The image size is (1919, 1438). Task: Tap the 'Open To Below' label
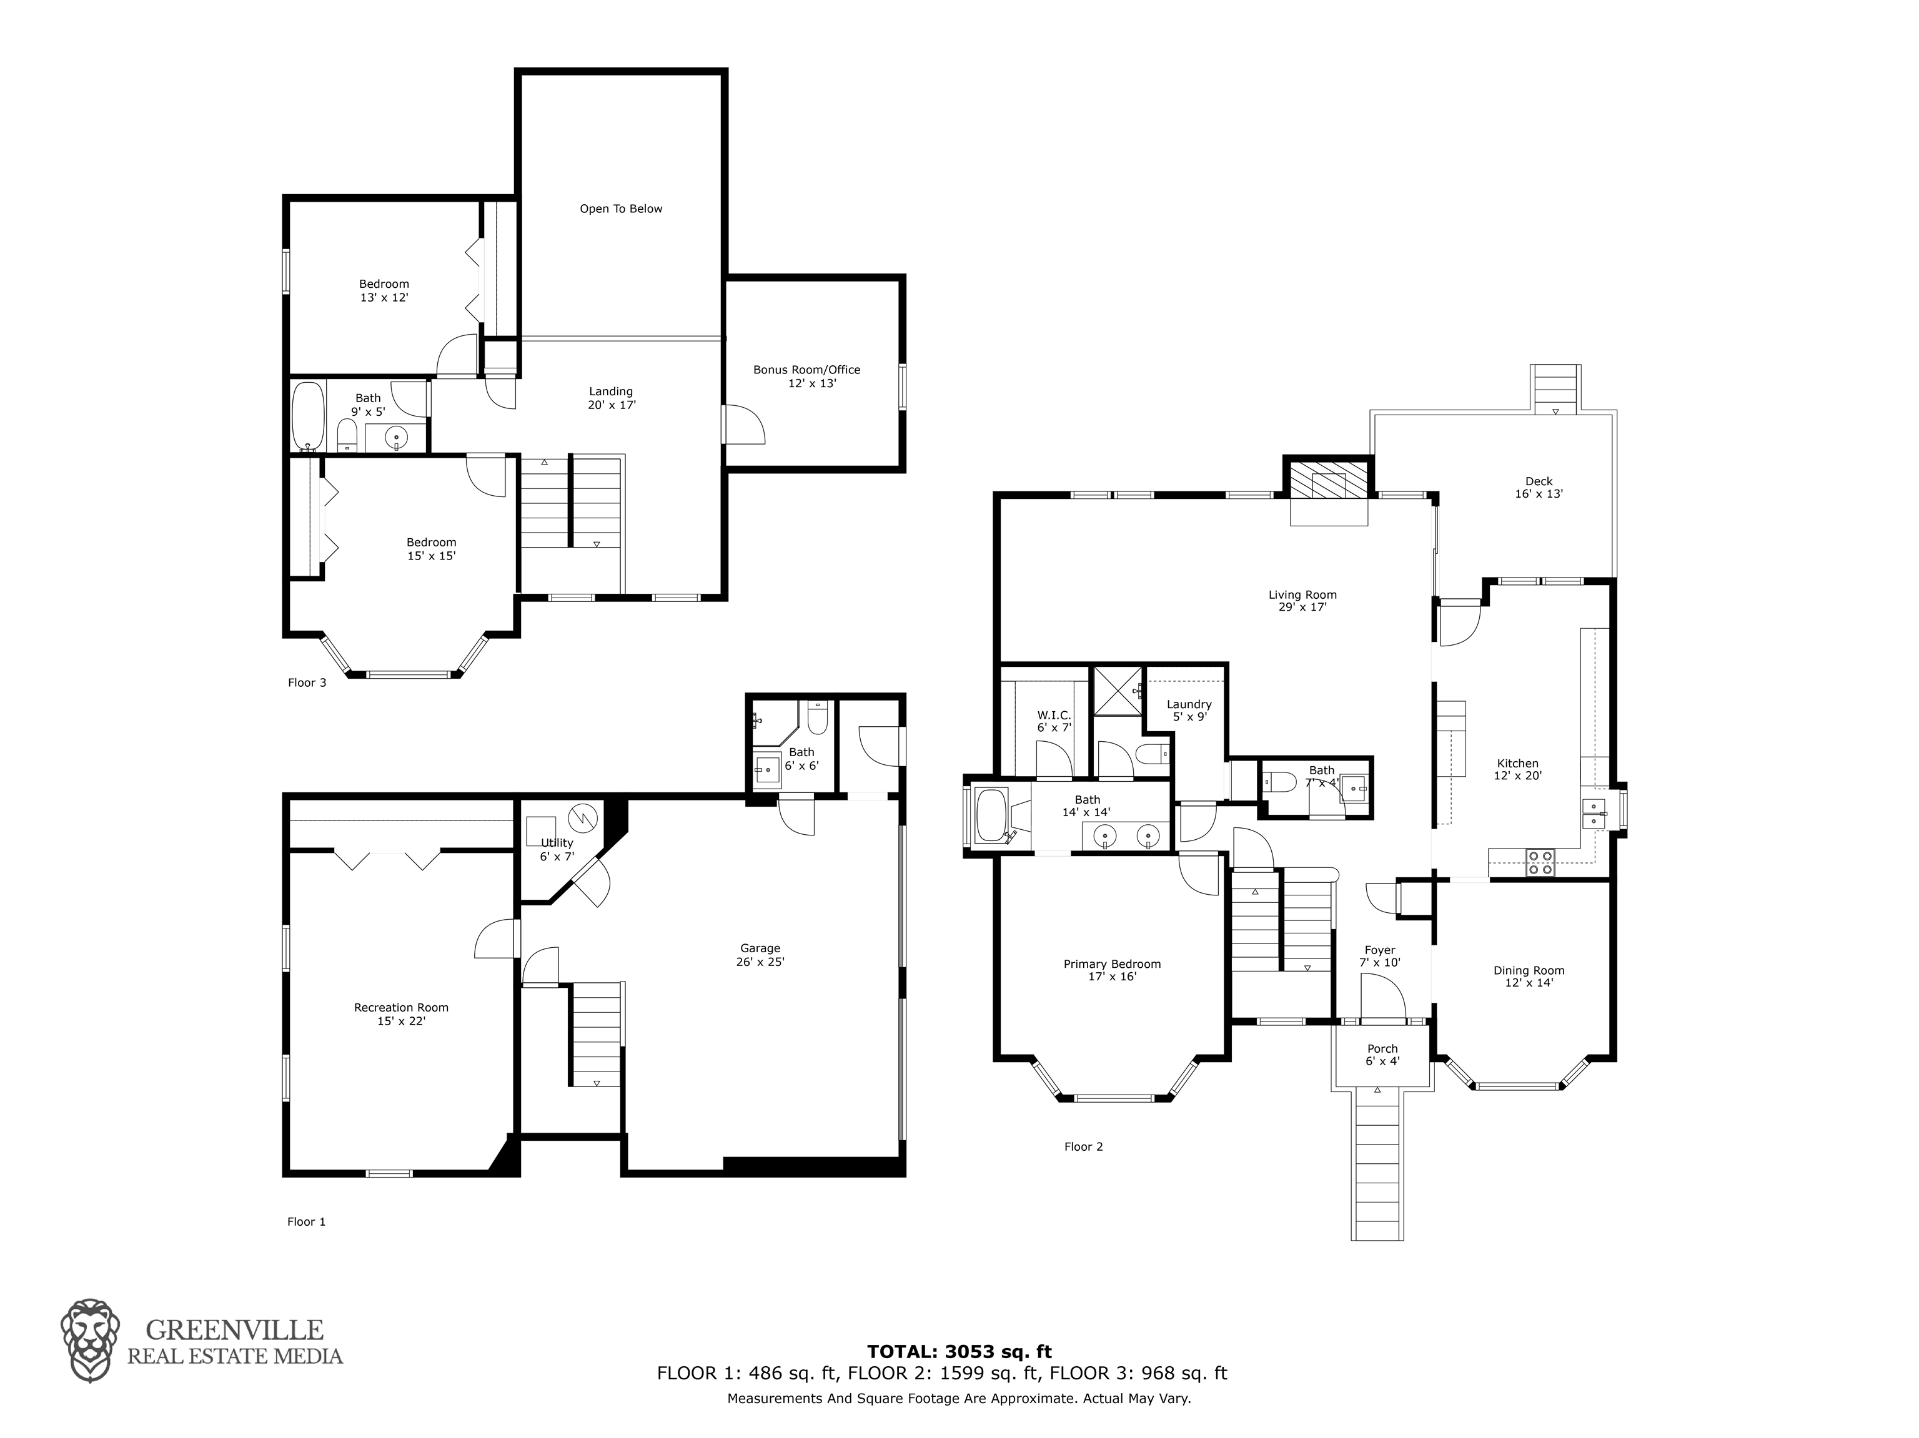pos(621,209)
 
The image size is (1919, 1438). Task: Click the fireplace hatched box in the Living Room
pos(1327,479)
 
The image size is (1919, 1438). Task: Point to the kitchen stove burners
pos(1540,862)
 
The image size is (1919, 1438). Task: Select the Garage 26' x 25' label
pos(761,955)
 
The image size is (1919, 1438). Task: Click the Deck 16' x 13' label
pos(1539,488)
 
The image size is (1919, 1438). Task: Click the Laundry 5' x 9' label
pos(1189,711)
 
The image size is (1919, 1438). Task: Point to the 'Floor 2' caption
pos(1084,1146)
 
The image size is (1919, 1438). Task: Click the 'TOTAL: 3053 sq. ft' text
pos(959,1351)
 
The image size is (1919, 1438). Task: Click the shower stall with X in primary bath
pos(1118,691)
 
